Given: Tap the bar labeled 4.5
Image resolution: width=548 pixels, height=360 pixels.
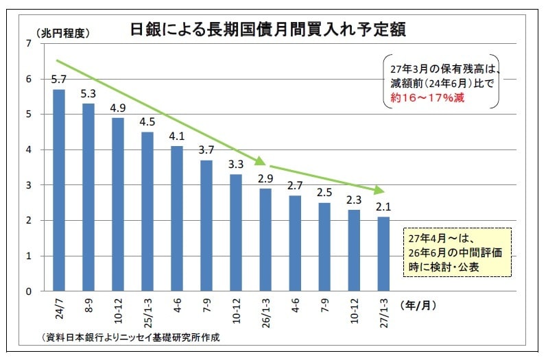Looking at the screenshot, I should point(147,211).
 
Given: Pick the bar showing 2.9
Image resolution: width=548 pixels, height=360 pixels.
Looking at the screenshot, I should point(265,239).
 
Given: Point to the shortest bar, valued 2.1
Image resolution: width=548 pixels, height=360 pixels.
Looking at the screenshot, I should point(383,254).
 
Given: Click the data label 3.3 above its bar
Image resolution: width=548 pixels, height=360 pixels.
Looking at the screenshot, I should point(236,165).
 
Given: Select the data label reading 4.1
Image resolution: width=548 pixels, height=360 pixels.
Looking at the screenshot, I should point(177,136).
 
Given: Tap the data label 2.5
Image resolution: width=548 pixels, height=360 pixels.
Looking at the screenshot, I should point(324,193).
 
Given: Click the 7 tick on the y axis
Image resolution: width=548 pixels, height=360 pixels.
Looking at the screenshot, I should point(28,44).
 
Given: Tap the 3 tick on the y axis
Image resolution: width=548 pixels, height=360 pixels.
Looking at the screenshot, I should point(28,185).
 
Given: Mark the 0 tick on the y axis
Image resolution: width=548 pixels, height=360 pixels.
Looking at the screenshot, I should point(28,291).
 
